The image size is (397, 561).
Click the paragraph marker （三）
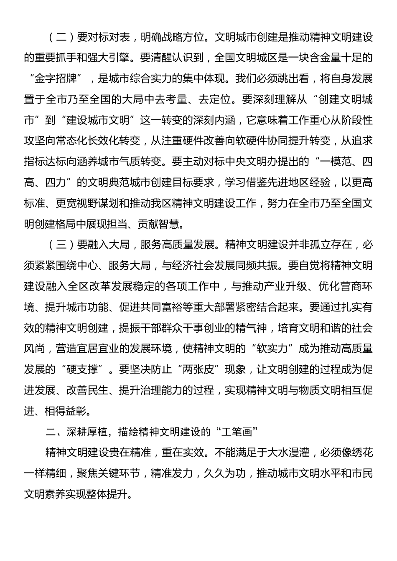pyautogui.click(x=61, y=245)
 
